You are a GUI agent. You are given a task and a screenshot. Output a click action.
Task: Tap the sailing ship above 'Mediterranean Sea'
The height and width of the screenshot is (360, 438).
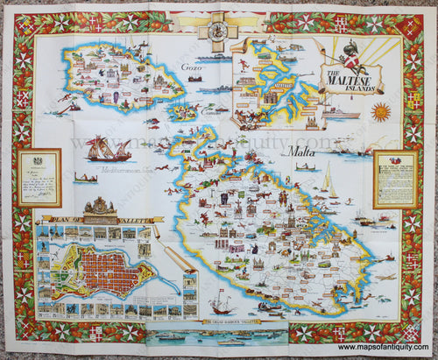click(x=109, y=151)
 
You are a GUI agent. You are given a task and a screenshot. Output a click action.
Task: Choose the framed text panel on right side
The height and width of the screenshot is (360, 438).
click(x=395, y=178)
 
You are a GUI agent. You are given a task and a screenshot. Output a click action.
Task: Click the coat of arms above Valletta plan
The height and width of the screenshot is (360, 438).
click(x=98, y=208)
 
